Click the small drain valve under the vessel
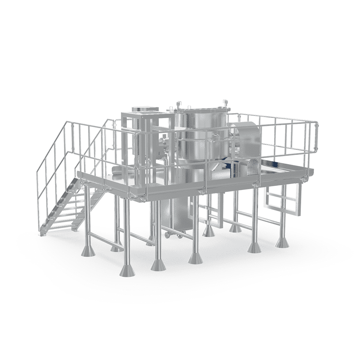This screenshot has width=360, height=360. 168,234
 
